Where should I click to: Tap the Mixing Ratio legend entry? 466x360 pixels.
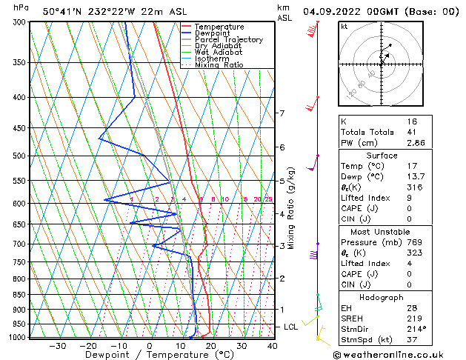(219, 65)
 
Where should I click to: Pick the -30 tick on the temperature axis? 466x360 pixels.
(58, 346)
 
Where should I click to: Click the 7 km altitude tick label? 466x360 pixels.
(282, 113)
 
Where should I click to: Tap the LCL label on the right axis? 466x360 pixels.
(291, 327)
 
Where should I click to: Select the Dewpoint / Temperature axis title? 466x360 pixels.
(149, 356)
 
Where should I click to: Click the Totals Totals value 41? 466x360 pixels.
(412, 132)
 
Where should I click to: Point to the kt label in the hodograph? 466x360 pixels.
(344, 26)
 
